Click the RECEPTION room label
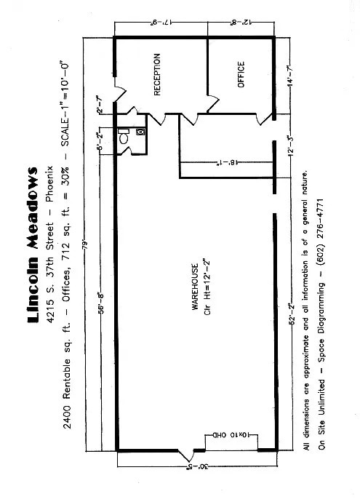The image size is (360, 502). tap(158, 74)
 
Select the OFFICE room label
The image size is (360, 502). tap(241, 74)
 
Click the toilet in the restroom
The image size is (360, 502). tap(124, 135)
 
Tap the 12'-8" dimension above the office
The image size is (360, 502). tap(240, 24)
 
